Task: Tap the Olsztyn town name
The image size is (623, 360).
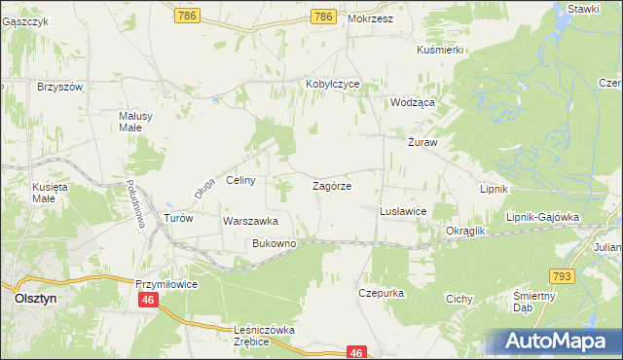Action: pyautogui.click(x=39, y=301)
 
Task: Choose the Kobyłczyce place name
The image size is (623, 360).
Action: pyautogui.click(x=333, y=84)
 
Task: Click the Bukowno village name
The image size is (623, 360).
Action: pyautogui.click(x=274, y=243)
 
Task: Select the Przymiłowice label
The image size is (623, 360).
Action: pyautogui.click(x=166, y=283)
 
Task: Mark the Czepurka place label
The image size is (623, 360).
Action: pyautogui.click(x=381, y=292)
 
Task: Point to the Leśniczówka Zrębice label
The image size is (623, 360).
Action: pyautogui.click(x=264, y=336)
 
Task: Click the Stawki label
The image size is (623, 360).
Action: pyautogui.click(x=583, y=8)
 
